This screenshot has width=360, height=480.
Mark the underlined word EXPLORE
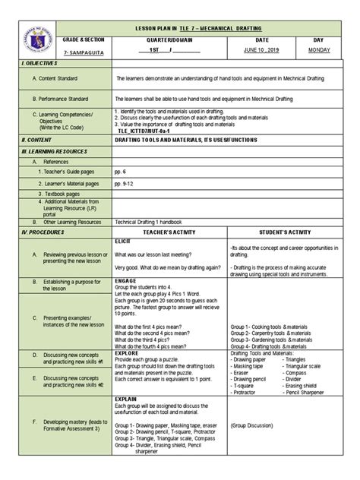tap(126, 353)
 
